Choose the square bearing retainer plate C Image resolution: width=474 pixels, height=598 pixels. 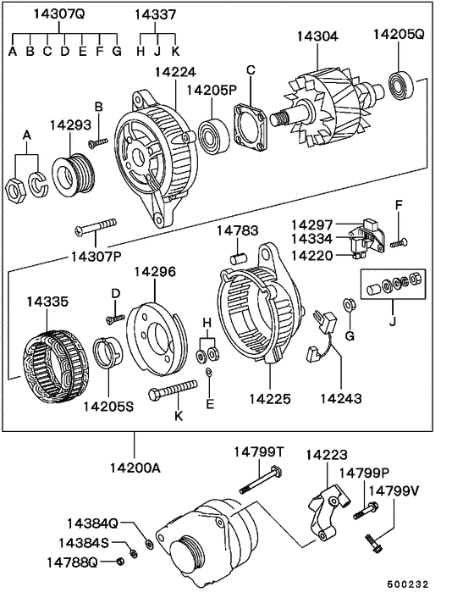(x=250, y=124)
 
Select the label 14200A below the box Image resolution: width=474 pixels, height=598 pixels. (x=134, y=468)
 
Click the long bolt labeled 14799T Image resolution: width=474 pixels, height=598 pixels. (x=258, y=484)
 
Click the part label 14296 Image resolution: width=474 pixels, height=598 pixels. (x=156, y=272)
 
